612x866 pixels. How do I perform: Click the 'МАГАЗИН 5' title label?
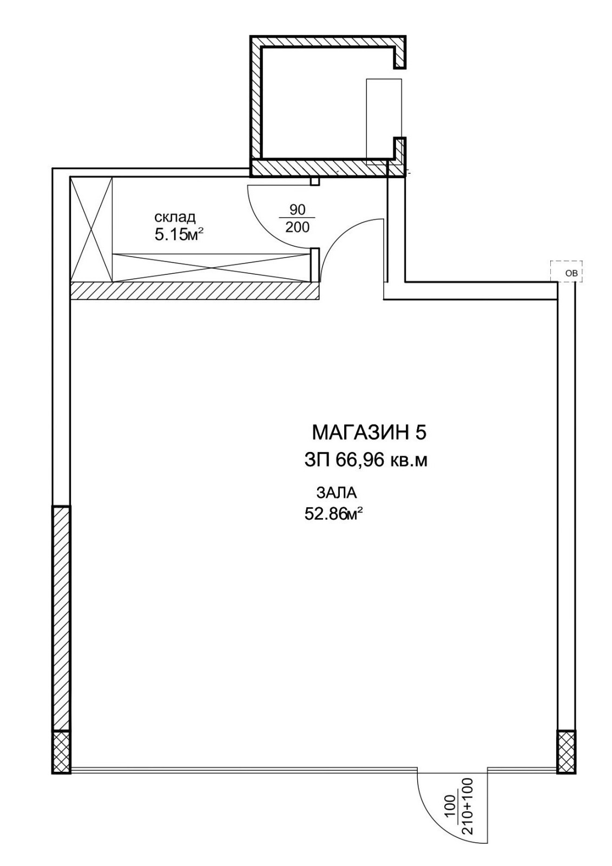[x=368, y=432]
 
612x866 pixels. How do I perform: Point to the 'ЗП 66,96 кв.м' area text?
[x=366, y=460]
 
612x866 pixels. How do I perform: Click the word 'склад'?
[x=175, y=217]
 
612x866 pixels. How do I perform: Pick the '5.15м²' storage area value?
[x=179, y=234]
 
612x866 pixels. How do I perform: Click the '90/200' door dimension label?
[x=297, y=218]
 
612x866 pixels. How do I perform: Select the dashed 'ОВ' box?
[x=567, y=271]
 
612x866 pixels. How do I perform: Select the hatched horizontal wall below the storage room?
[x=194, y=291]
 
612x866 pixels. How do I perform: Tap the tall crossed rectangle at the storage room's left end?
[x=91, y=229]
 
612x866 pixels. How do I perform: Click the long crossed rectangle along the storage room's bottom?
[x=212, y=267]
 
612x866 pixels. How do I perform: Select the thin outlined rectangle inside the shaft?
[x=384, y=122]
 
